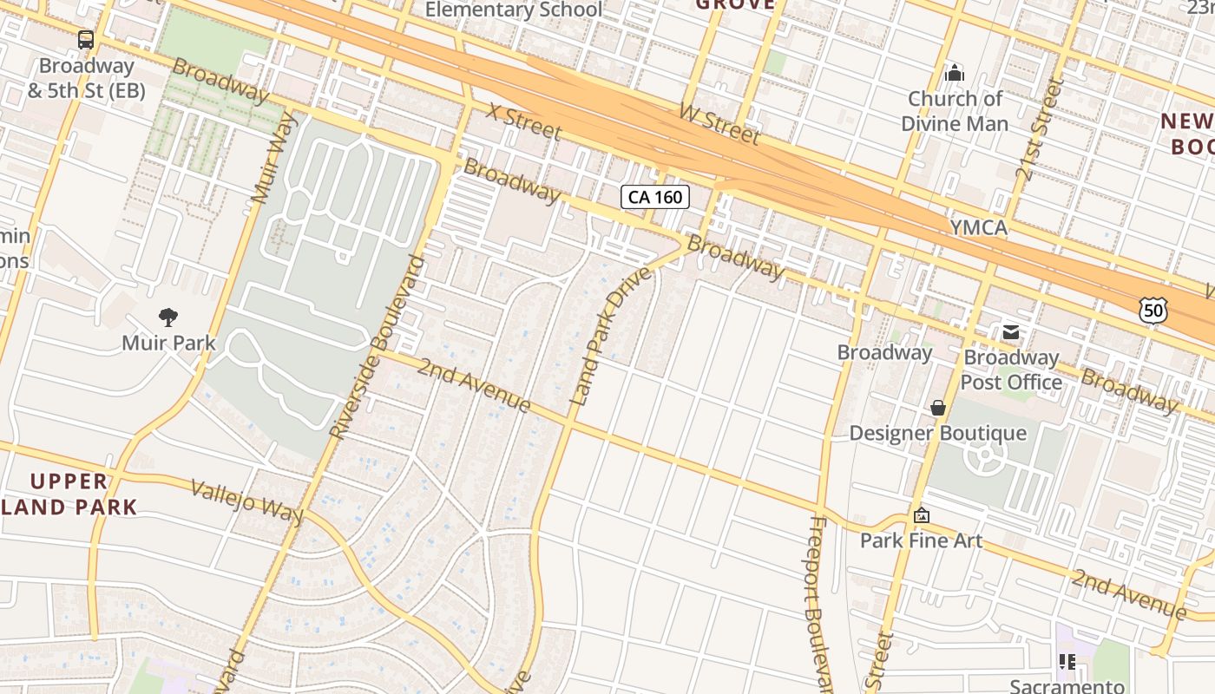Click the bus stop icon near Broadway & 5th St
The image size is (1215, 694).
click(x=85, y=39)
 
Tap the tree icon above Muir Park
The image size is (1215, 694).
click(x=168, y=317)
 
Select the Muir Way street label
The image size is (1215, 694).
click(x=273, y=159)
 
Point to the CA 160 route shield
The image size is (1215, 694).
click(x=655, y=197)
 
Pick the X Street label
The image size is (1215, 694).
click(x=523, y=121)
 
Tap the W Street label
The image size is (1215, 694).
click(x=719, y=124)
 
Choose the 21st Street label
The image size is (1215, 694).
click(x=1039, y=130)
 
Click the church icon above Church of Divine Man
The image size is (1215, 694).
click(x=954, y=72)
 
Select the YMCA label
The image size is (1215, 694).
click(x=978, y=228)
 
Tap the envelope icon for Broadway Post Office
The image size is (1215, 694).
click(x=1011, y=331)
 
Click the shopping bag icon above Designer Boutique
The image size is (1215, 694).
click(x=937, y=407)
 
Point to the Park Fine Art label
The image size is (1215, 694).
click(x=921, y=541)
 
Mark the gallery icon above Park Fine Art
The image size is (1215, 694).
click(x=921, y=515)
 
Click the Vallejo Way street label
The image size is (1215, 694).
click(x=247, y=501)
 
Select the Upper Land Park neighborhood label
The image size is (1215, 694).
click(x=69, y=494)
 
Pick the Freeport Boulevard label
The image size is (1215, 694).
click(x=820, y=599)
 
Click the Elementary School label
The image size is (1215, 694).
click(x=513, y=10)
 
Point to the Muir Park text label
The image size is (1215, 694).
click(x=168, y=343)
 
